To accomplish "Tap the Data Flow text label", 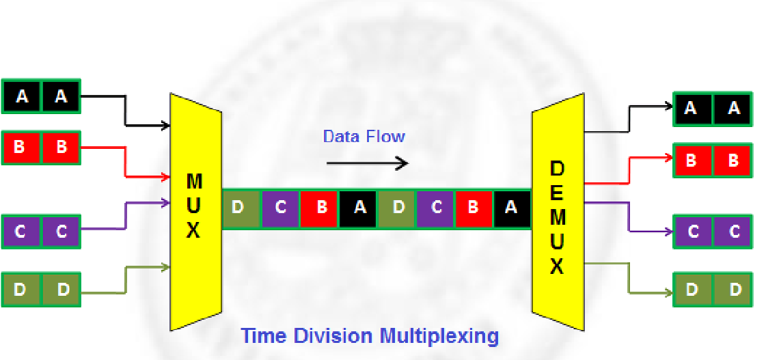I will click(x=364, y=137).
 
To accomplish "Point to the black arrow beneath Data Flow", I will click(x=367, y=163).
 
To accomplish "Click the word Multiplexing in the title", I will click(x=439, y=336).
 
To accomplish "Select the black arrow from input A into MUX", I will click(x=126, y=113).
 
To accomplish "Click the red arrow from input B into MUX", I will click(x=126, y=164).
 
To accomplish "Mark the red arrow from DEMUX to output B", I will click(x=629, y=171).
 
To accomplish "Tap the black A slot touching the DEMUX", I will click(x=510, y=207).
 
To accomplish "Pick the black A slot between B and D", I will click(x=359, y=207).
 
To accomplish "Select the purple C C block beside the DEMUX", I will click(x=713, y=232).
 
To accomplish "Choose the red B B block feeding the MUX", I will click(x=41, y=148).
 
